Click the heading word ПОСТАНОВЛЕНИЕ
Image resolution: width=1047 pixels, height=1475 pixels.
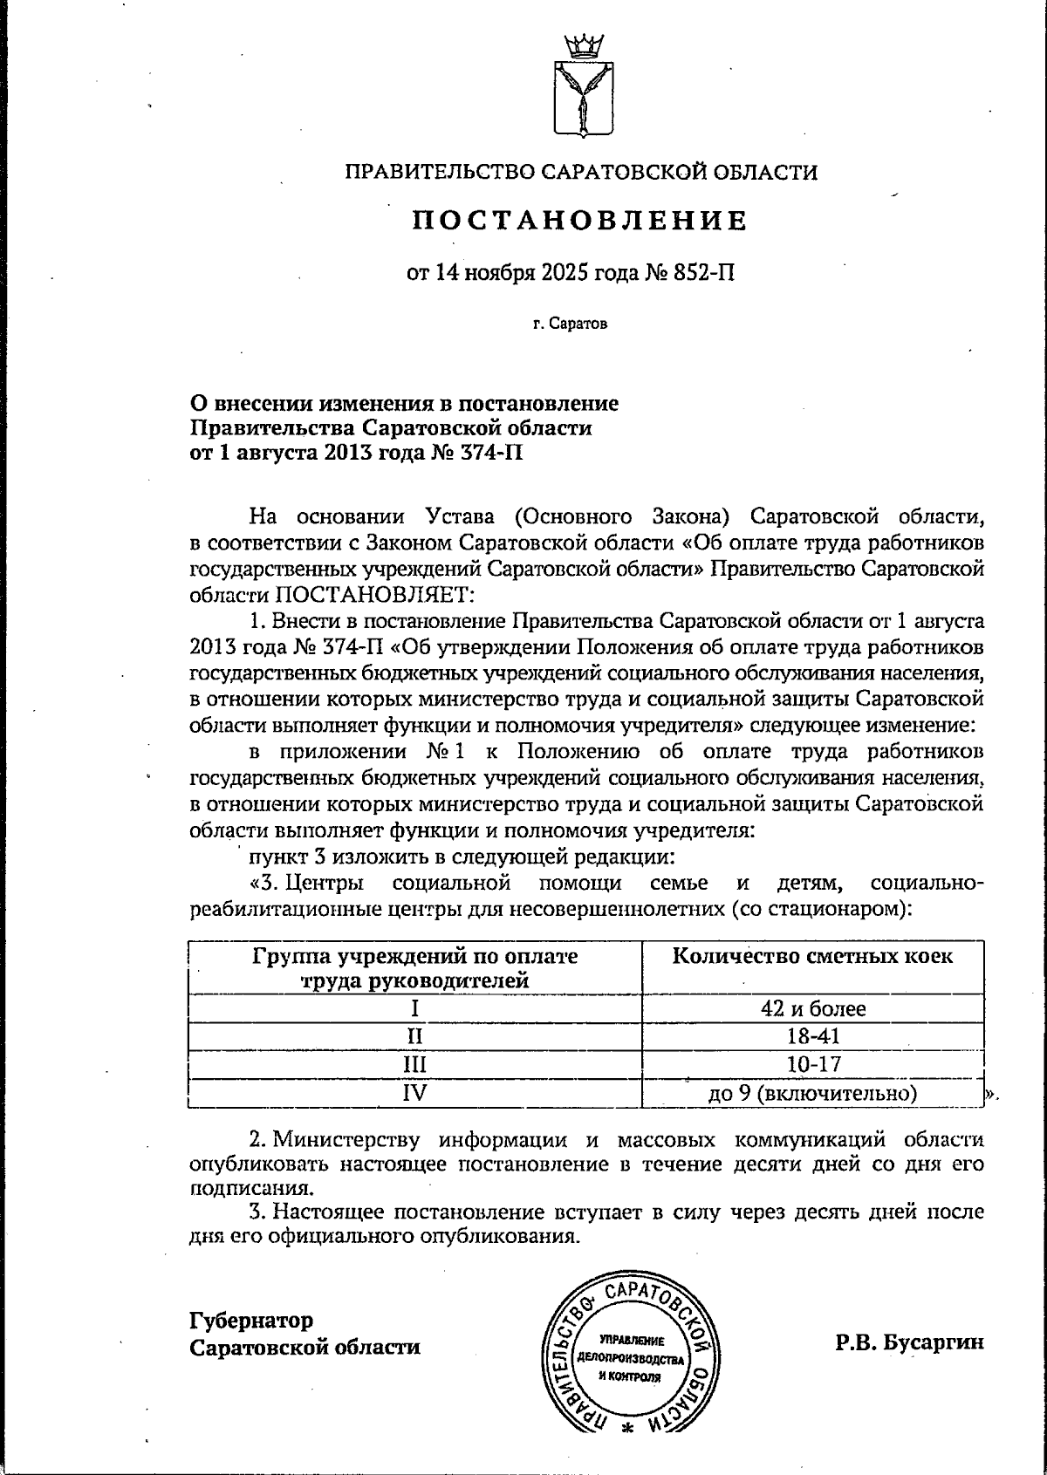pyautogui.click(x=581, y=220)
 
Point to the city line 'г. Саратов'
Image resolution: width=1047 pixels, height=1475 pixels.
pyautogui.click(x=570, y=324)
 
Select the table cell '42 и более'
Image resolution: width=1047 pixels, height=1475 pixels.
pyautogui.click(x=813, y=1009)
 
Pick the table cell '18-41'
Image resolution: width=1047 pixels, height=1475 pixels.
pyautogui.click(x=813, y=1036)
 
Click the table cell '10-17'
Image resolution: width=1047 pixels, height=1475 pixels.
pyautogui.click(x=813, y=1063)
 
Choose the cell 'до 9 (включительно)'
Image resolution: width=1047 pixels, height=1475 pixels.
pyautogui.click(x=813, y=1093)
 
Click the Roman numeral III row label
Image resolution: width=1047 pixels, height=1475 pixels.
pyautogui.click(x=415, y=1064)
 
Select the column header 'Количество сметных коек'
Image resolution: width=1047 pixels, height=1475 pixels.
pyautogui.click(x=813, y=956)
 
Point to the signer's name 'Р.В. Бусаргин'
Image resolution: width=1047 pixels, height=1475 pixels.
pyautogui.click(x=909, y=1342)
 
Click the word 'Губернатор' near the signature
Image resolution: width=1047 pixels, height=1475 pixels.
pyautogui.click(x=252, y=1320)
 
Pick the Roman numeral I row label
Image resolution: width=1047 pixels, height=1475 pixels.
pyautogui.click(x=415, y=1009)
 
